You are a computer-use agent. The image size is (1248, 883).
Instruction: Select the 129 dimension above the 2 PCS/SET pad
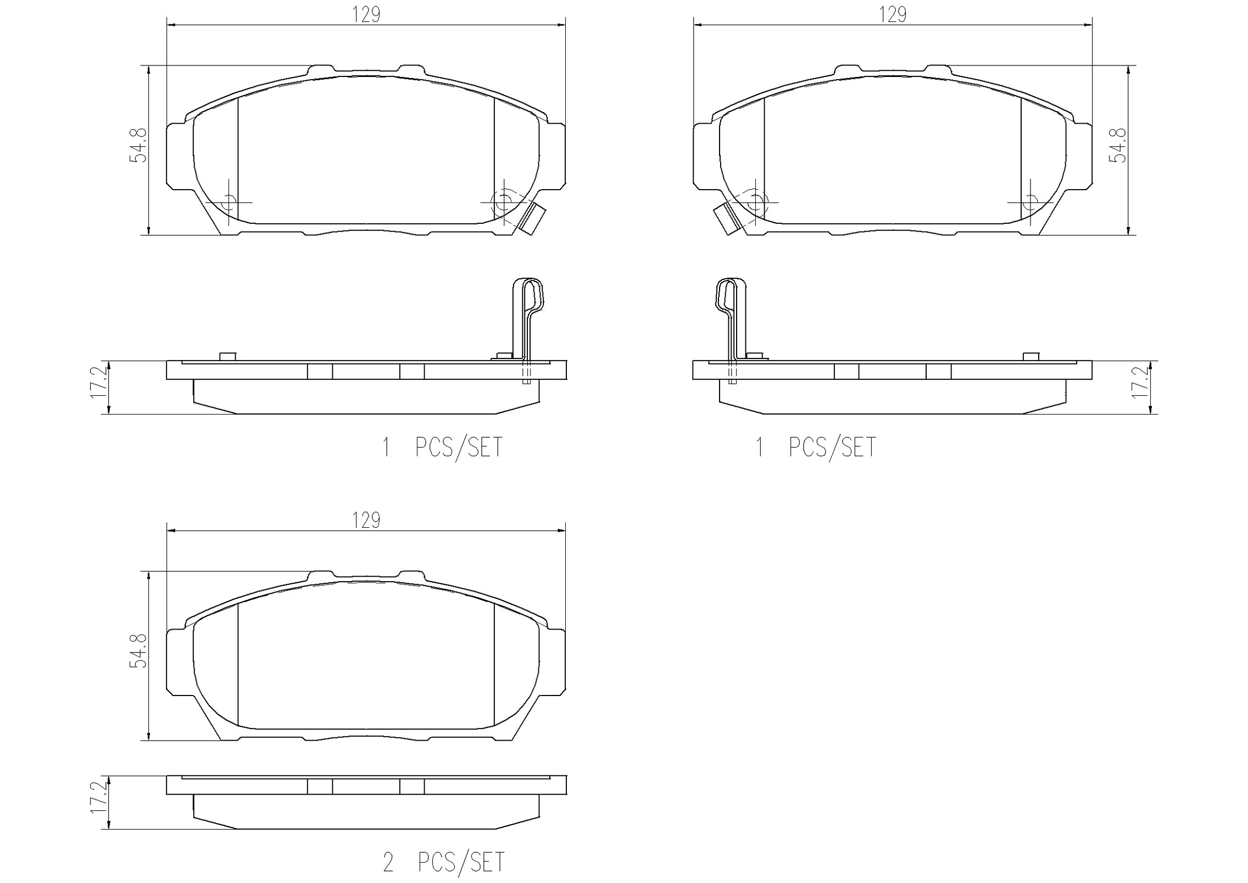[x=366, y=520]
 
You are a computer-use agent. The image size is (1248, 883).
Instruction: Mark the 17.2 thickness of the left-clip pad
[x=1140, y=383]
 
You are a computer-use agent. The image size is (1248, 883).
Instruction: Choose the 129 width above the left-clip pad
[x=893, y=14]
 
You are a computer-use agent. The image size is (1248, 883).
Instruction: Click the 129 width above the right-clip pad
[x=366, y=14]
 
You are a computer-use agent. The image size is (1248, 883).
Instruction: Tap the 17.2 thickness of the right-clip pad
[x=99, y=383]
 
